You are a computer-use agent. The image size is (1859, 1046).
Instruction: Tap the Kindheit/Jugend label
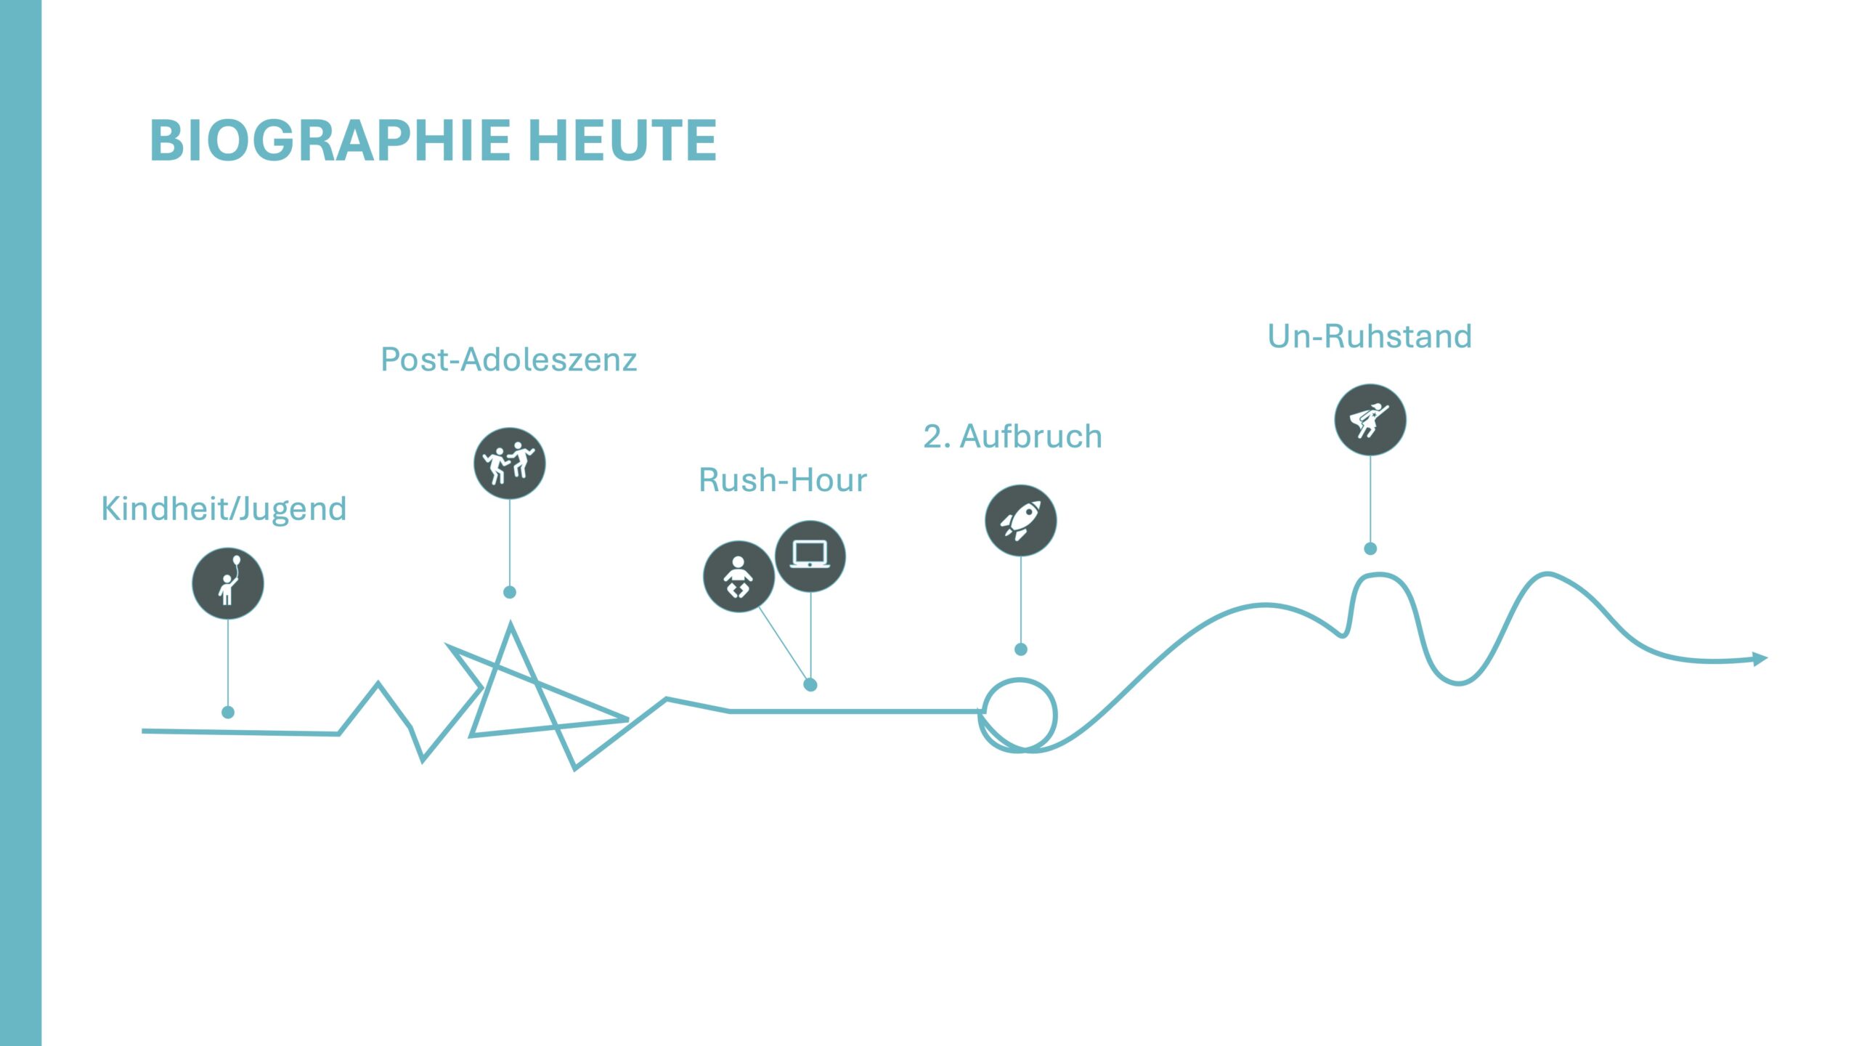224,508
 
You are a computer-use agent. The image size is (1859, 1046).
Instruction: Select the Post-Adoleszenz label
508,360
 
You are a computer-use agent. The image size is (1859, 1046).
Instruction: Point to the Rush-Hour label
783,480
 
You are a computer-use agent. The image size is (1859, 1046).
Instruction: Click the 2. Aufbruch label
1012,437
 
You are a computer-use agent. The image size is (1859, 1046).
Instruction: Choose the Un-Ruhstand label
1370,336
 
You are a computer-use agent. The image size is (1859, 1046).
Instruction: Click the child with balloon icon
228,583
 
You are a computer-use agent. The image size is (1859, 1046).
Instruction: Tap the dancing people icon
509,463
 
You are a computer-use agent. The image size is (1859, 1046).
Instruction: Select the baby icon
739,577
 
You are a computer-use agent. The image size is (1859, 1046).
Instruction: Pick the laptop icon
810,556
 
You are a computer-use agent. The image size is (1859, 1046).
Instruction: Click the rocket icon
1020,520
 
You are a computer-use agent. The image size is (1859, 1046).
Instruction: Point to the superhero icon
1370,420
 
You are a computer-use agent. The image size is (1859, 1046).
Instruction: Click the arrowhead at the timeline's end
1760,659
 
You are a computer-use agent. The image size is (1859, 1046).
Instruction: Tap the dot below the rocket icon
1020,649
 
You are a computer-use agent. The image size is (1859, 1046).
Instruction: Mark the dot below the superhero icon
1370,548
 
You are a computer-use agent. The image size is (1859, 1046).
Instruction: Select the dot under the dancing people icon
509,592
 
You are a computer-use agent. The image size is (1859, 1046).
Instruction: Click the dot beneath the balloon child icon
228,712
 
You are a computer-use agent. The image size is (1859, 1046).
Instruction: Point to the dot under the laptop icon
810,684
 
